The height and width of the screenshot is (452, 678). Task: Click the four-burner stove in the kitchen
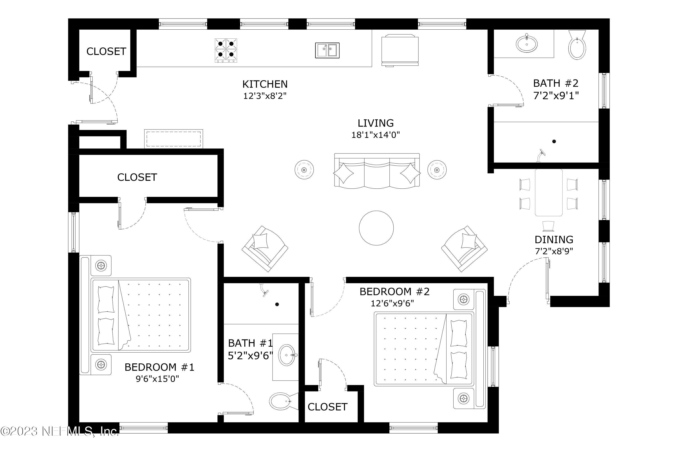click(226, 50)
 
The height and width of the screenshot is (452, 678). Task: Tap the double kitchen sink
click(327, 50)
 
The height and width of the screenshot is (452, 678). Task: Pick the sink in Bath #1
click(287, 355)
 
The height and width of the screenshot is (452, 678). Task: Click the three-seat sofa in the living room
click(377, 171)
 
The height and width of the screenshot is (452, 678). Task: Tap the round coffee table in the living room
click(376, 228)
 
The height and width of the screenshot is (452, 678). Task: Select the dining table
click(549, 192)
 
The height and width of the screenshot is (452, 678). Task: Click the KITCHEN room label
click(265, 84)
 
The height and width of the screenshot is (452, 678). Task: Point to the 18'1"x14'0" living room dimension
click(376, 135)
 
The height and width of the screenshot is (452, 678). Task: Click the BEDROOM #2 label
click(394, 292)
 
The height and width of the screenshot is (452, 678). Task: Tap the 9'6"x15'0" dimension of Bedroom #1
click(157, 379)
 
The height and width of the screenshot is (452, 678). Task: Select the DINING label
click(554, 240)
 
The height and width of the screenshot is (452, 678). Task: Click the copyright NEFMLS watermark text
click(59, 431)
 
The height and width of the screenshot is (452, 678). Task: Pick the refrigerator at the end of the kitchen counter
click(400, 50)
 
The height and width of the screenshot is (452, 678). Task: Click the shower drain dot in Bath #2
click(554, 141)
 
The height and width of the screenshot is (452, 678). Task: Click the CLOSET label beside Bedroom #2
click(327, 407)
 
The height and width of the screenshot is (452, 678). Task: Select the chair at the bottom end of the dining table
click(548, 226)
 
